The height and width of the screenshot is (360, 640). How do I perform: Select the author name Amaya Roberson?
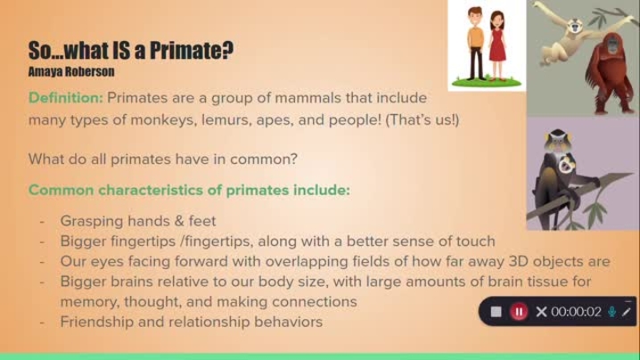pos(71,71)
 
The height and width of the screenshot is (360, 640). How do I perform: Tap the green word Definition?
pos(66,98)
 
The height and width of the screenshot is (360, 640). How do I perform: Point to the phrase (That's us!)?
pos(423,120)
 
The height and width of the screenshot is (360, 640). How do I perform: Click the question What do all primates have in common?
pos(163,159)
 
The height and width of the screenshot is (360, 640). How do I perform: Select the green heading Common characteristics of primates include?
pos(189,190)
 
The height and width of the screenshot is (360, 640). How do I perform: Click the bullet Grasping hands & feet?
pos(138,221)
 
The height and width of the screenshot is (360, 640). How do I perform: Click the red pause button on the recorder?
pos(519,312)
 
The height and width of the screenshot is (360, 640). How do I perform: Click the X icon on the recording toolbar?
pos(541,312)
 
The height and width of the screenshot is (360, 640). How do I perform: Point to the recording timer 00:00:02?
pos(576,312)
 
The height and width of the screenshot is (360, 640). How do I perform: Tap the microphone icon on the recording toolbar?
pos(611,312)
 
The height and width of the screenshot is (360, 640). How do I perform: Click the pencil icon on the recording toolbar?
pos(626,312)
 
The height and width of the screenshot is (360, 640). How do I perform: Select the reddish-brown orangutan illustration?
pos(610,73)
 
